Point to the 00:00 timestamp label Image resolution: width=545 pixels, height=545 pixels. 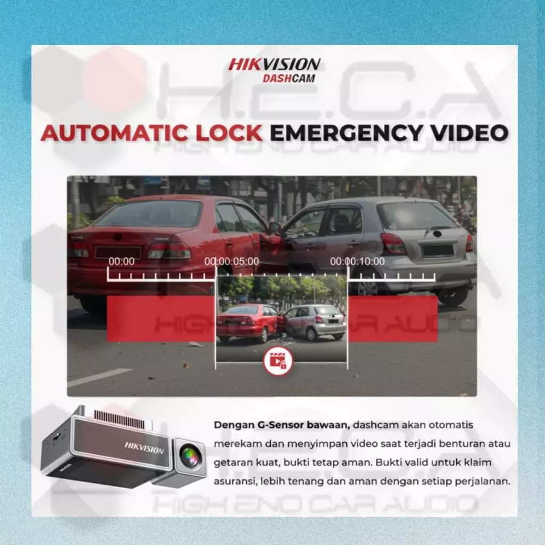(121, 261)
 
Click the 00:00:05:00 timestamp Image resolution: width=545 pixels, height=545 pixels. (232, 261)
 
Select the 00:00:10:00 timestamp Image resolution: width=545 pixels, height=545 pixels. (357, 261)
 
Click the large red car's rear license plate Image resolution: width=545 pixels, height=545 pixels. (118, 253)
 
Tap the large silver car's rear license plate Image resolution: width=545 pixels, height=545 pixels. (438, 250)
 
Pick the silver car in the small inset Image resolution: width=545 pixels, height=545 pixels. (315, 322)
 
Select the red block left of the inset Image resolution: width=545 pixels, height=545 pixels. (161, 319)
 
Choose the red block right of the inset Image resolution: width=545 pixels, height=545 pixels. (393, 319)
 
